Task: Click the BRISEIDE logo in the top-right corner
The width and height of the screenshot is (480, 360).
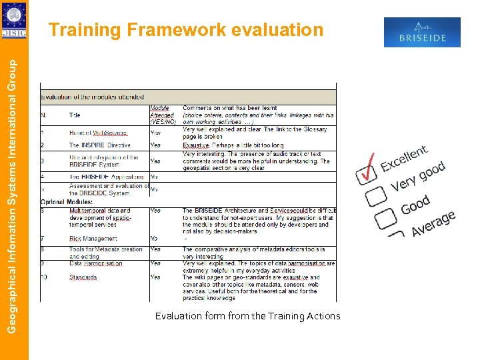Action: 422,32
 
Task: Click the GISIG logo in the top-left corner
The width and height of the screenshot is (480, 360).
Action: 14,21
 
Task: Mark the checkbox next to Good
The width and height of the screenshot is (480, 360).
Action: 387,218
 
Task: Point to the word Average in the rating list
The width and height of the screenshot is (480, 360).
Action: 433,223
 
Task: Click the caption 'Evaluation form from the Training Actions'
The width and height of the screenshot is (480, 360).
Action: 247,316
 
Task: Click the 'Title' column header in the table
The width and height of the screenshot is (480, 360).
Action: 75,115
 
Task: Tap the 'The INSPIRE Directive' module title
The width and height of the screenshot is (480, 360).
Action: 100,145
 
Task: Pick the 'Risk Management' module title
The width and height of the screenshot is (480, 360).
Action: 93,238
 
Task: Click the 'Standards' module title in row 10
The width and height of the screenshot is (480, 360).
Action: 83,277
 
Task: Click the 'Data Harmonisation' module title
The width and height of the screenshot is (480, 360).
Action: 96,263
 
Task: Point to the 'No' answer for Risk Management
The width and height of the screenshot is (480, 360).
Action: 155,238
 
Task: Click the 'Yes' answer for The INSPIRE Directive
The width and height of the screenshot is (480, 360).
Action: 155,145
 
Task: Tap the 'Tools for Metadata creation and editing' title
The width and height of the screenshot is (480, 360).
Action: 105,253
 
